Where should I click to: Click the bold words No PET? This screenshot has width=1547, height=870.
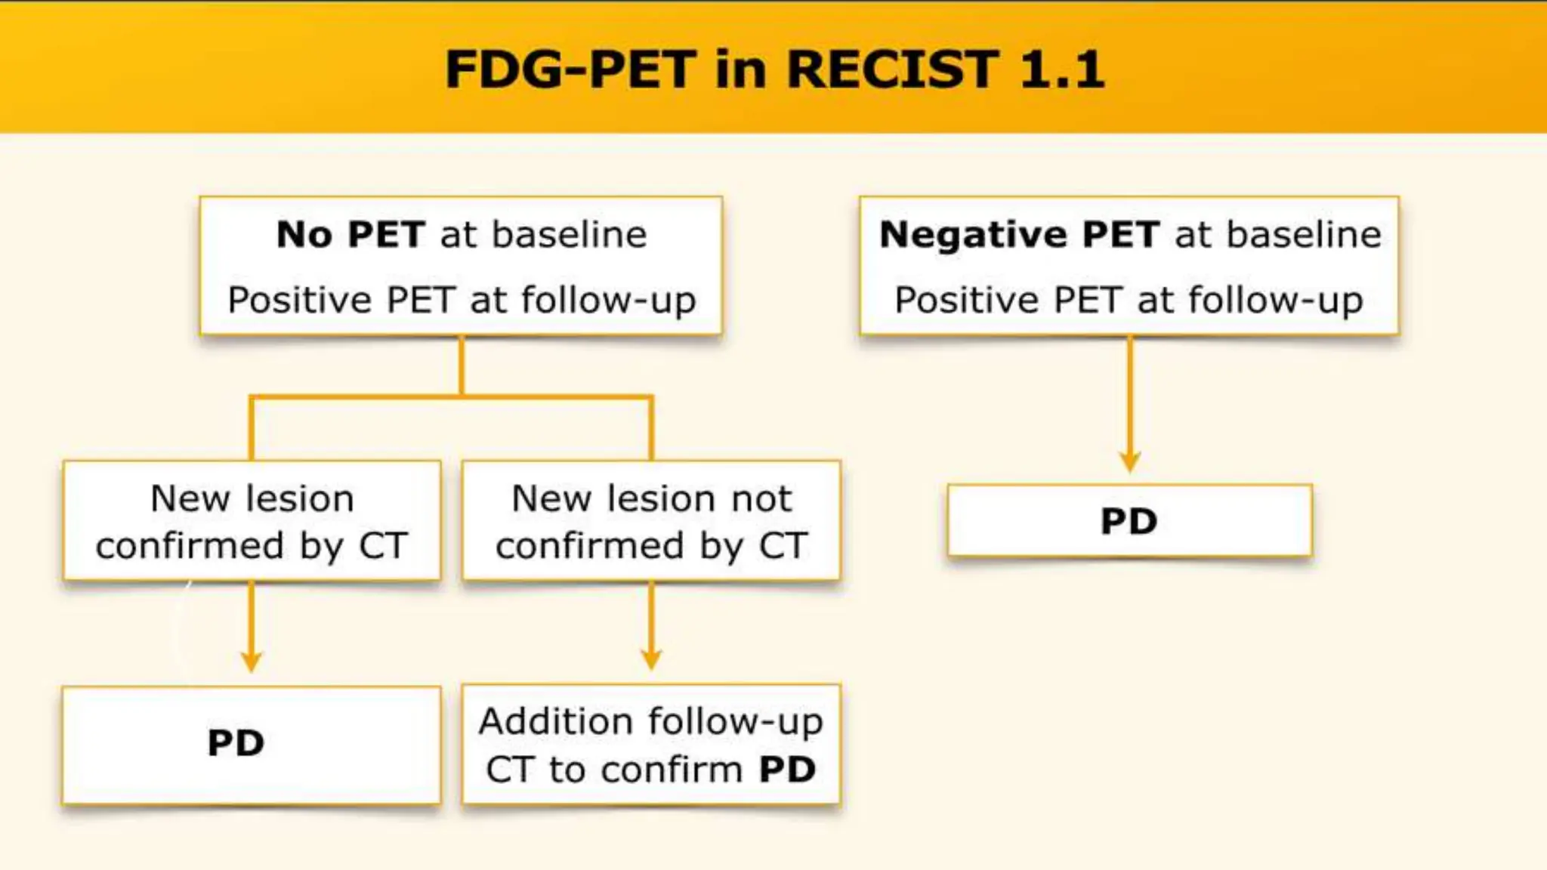point(349,234)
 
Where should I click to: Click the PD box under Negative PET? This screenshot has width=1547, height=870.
point(1129,521)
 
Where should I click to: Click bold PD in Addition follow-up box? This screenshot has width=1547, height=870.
point(787,770)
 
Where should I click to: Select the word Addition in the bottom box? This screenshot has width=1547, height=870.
point(555,721)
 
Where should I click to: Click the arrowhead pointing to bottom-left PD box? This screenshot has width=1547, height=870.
point(252,662)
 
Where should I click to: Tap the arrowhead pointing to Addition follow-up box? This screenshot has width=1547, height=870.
point(651,659)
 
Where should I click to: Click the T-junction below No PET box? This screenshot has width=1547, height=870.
point(462,395)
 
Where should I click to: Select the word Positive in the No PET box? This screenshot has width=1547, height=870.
point(300,300)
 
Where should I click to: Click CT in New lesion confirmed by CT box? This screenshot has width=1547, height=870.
point(384,545)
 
